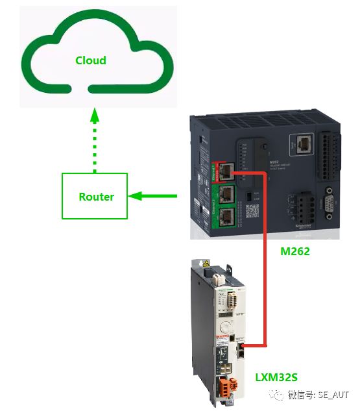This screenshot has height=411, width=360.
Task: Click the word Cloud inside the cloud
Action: [90, 60]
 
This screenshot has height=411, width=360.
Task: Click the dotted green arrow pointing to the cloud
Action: [95, 139]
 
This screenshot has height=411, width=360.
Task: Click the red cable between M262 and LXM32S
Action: [266, 260]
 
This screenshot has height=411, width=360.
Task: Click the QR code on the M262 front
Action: [253, 210]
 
